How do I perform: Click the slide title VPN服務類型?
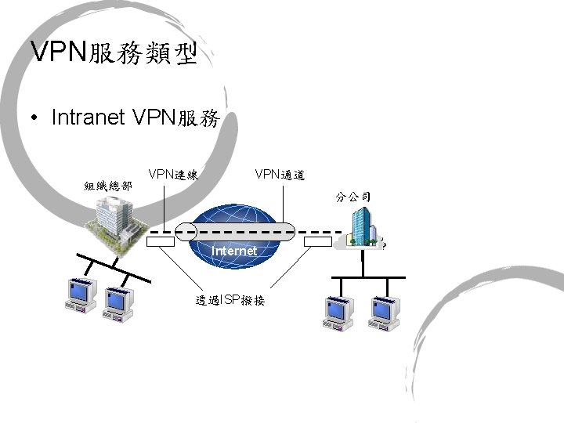[114, 52]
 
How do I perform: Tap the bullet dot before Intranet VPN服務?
[34, 118]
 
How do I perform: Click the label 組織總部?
[108, 186]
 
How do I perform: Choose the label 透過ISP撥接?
[231, 301]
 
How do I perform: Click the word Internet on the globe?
[235, 251]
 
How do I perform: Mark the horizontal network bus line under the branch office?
[368, 277]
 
